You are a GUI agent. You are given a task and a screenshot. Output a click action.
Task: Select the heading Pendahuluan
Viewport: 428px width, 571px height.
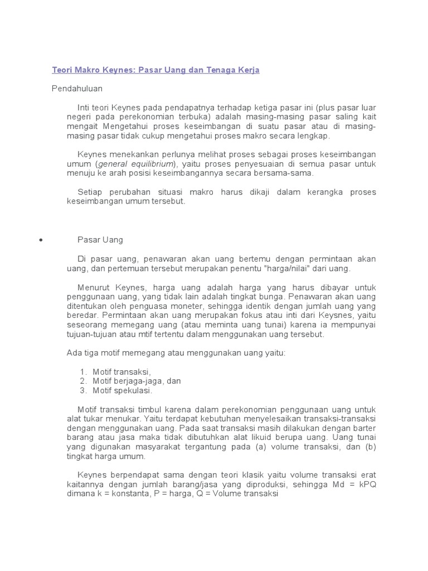(x=77, y=88)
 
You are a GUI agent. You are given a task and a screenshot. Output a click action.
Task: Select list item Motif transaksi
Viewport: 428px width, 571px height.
(x=121, y=371)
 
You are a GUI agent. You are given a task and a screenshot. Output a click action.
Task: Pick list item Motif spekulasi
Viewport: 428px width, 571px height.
(x=122, y=390)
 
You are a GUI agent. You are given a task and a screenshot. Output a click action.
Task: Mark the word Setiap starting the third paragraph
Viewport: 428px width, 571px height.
(x=89, y=192)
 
